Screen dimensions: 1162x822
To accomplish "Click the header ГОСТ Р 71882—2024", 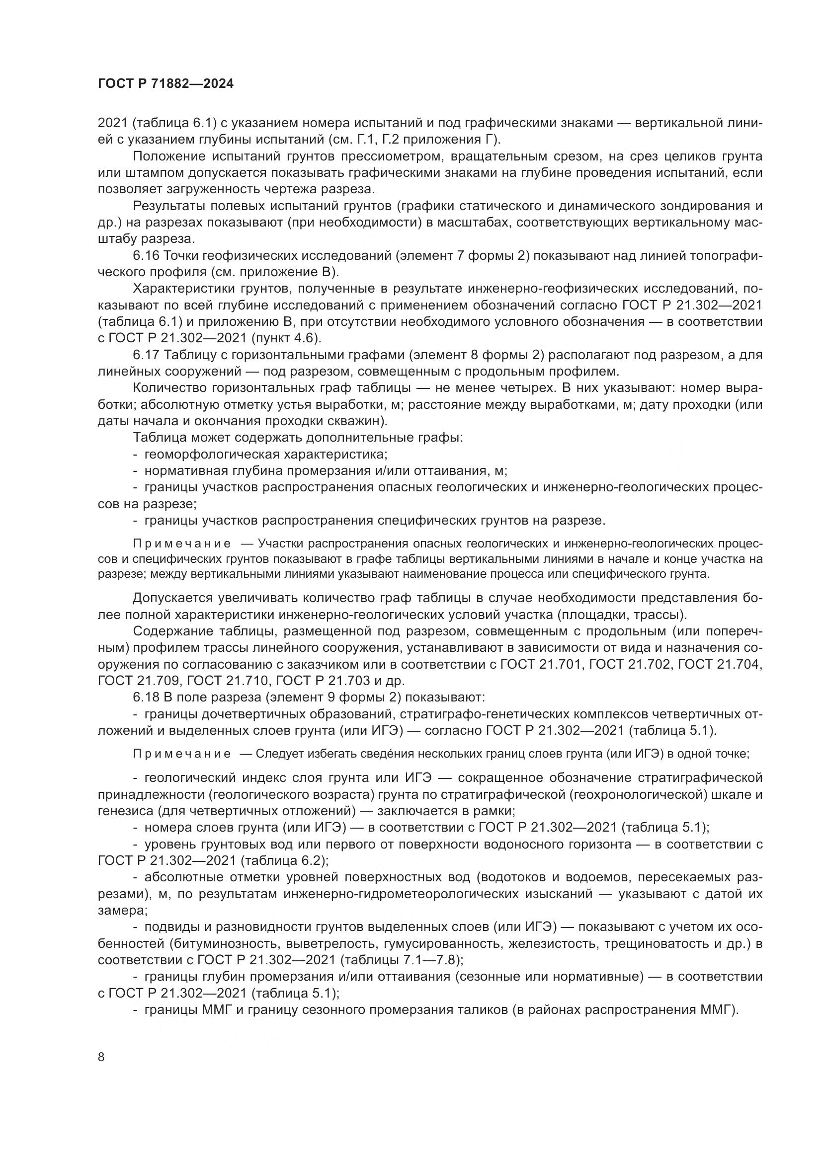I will tap(165, 84).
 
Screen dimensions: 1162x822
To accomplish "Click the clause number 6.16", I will tap(146, 255).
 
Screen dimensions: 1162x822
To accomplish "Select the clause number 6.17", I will tap(146, 355).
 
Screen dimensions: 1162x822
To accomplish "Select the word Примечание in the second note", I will tap(182, 753).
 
